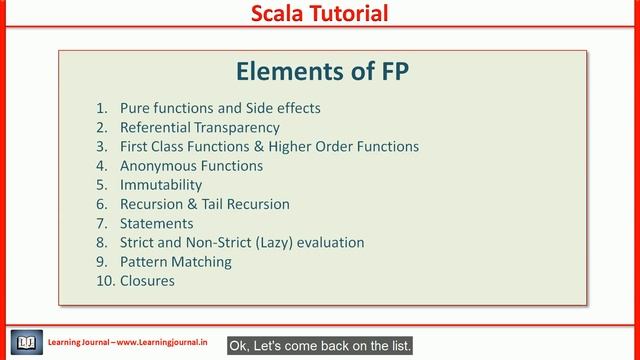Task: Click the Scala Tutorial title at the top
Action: coord(319,14)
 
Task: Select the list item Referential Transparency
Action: coord(200,127)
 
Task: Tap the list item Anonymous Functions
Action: coord(191,166)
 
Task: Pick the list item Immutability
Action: coord(161,185)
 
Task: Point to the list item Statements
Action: coord(156,223)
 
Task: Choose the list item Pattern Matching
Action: coord(175,262)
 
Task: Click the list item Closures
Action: coord(147,281)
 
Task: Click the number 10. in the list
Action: coord(105,281)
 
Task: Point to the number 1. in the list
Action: coord(101,108)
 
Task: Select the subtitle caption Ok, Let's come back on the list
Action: coord(321,345)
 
